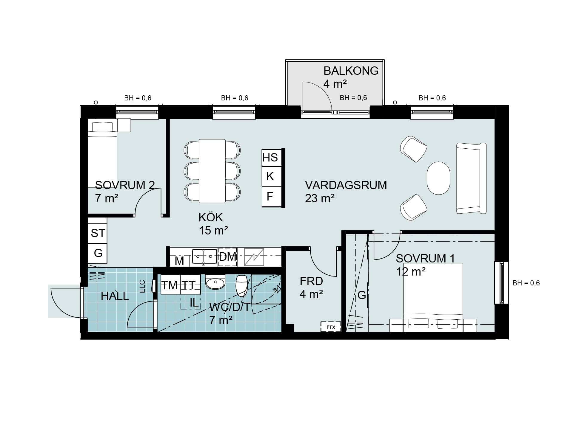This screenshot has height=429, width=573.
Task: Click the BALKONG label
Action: [x=351, y=71]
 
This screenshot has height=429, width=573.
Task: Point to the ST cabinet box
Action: [x=98, y=233]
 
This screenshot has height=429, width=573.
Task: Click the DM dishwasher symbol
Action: [x=228, y=257]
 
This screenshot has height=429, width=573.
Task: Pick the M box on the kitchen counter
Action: [x=179, y=261]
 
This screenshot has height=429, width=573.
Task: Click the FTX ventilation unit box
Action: [x=331, y=327]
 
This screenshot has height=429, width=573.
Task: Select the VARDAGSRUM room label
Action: [x=346, y=185]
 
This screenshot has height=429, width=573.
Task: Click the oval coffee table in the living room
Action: [x=438, y=178]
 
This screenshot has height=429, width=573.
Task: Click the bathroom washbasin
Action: [x=215, y=282]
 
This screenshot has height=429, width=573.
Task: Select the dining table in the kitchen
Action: [x=212, y=171]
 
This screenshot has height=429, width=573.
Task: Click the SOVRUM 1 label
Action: [x=425, y=259]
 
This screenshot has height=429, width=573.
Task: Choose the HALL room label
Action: [x=115, y=296]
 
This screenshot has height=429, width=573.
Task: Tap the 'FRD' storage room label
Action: [x=311, y=281]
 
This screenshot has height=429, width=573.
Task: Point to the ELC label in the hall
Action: [x=142, y=286]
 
